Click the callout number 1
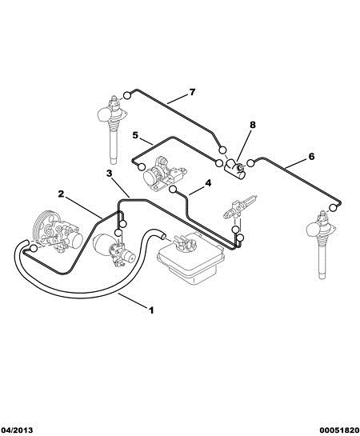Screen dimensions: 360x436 [x=151, y=310]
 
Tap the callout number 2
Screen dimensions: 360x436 [x=61, y=194]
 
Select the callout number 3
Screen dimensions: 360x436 [x=110, y=174]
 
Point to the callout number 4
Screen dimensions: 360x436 [x=208, y=183]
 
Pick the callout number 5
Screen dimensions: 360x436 [x=135, y=135]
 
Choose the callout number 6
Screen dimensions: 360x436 [x=312, y=157]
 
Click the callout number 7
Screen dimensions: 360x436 [x=192, y=92]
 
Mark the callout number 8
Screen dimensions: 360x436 [x=253, y=125]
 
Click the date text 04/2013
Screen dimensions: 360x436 [x=17, y=430]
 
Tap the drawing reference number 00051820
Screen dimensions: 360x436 [x=339, y=430]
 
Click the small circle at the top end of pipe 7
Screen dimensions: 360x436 [x=126, y=95]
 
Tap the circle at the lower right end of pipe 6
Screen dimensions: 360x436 [x=333, y=208]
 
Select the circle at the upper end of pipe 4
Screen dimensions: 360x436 [x=173, y=190]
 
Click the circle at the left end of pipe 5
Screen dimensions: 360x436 [x=142, y=167]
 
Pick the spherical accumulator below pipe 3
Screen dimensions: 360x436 [x=102, y=244]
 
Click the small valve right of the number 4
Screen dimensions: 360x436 [x=240, y=206]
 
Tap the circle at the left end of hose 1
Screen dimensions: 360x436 [x=34, y=248]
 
